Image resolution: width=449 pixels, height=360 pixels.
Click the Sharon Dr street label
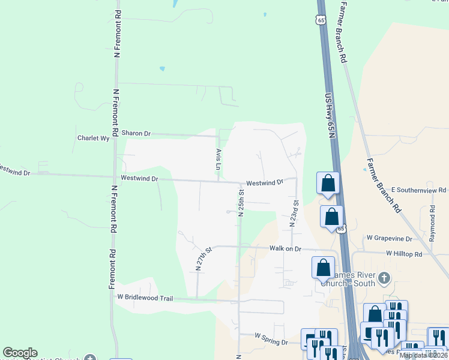coord(136,133)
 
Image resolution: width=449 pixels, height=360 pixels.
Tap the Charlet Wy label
coord(93,138)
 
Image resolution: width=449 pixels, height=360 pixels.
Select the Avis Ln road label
coord(218,158)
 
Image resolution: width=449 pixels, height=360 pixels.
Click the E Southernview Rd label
coord(418,190)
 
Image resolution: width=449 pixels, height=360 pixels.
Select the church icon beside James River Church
coord(385,278)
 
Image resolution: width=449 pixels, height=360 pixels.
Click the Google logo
coord(20,353)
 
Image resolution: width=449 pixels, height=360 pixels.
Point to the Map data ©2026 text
coord(424,355)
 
